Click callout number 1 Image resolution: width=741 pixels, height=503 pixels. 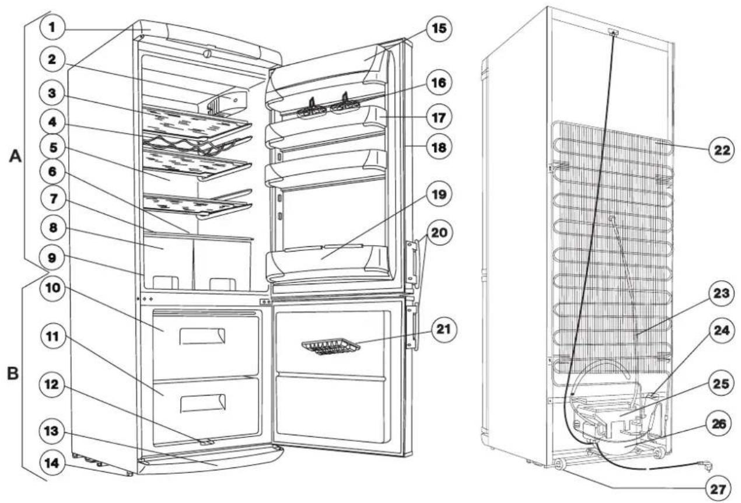52,27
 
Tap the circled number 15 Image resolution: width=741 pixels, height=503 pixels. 439,29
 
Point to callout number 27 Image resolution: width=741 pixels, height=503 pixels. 718,489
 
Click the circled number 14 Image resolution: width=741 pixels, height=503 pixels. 52,463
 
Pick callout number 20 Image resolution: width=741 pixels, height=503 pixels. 439,233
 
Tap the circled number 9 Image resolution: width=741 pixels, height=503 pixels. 52,258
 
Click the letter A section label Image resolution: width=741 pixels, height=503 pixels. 15,156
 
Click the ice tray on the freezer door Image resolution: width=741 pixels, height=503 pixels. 330,347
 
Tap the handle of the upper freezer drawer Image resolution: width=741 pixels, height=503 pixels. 202,337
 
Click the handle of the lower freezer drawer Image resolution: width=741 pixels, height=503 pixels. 202,403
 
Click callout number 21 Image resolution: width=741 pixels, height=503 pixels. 443,329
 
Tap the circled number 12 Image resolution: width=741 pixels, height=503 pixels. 52,385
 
